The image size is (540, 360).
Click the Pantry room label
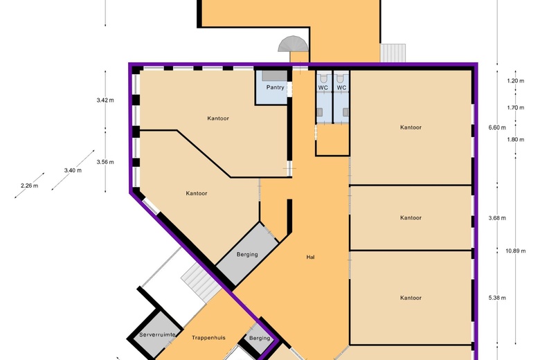(275, 87)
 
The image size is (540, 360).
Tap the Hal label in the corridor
(310, 257)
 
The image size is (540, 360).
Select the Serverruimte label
(157, 334)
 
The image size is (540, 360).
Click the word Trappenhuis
(208, 338)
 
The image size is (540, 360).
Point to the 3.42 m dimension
(105, 100)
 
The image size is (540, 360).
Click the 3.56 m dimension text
(105, 162)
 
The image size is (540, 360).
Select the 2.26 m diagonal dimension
(29, 186)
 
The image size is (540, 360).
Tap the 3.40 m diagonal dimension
(73, 170)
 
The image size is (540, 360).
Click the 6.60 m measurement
(497, 127)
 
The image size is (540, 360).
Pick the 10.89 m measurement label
(516, 251)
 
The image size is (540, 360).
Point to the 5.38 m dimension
(497, 298)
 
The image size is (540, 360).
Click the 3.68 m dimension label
(497, 217)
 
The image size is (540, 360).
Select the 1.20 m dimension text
(516, 81)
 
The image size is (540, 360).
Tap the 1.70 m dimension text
(516, 107)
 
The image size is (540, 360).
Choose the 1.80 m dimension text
(516, 140)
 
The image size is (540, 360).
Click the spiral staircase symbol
(293, 44)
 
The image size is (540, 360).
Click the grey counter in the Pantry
(274, 75)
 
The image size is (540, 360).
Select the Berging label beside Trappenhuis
(260, 338)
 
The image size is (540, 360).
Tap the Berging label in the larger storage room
(247, 255)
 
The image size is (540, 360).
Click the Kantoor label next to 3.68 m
(411, 217)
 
